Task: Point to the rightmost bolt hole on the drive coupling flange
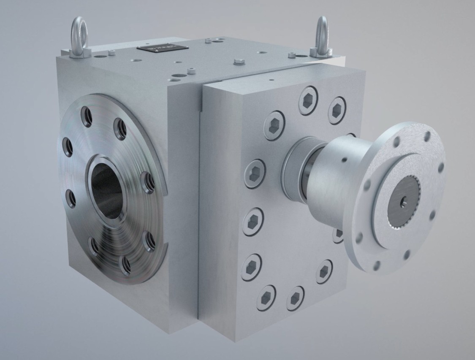(441, 168)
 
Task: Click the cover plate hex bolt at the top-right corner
(336, 110)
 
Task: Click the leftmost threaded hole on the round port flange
(67, 147)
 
